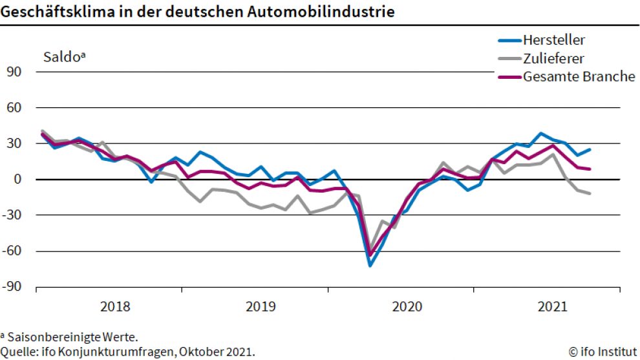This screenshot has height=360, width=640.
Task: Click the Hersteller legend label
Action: coord(555,40)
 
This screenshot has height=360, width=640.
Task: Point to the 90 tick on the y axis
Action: coord(15,72)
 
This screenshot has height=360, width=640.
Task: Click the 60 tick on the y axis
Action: coord(15,107)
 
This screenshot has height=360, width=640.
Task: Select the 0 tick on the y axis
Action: coord(18,179)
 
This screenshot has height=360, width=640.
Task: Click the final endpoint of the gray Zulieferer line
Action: coord(590,193)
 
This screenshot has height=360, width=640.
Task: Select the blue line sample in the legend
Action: coord(510,40)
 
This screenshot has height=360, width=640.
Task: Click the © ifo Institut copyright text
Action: coord(601,352)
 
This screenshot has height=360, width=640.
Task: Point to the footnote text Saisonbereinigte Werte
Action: coord(72,337)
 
